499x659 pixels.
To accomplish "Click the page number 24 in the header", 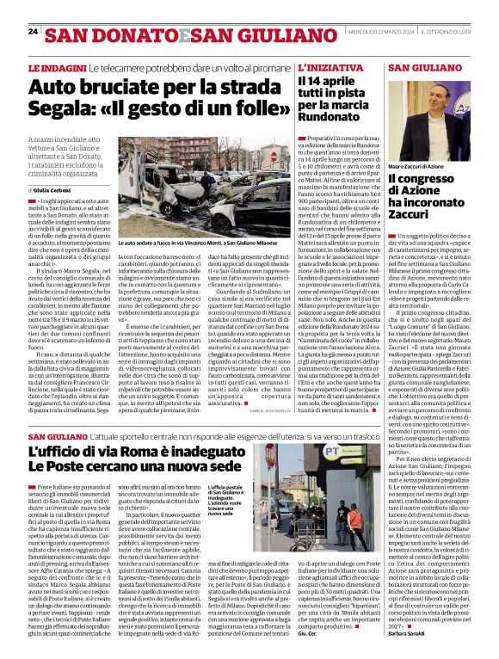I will pyautogui.click(x=33, y=32).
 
